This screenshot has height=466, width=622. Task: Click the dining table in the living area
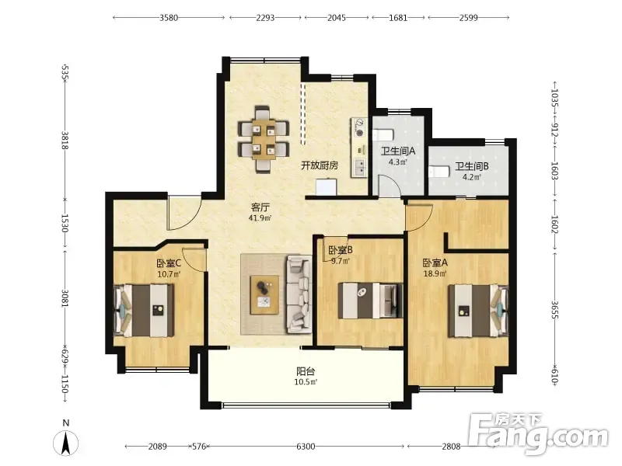click(263, 139)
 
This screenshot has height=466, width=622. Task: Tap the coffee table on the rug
click(264, 295)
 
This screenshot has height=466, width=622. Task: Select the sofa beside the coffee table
click(299, 294)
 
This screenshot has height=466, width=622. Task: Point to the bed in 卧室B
click(370, 300)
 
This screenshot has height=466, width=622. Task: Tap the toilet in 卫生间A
click(383, 134)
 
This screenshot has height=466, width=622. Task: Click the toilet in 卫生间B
click(439, 172)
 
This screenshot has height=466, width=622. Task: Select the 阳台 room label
click(306, 371)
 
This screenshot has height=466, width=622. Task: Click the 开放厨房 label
click(320, 165)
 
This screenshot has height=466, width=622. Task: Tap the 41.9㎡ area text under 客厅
click(260, 217)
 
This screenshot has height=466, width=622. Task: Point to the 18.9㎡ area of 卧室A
click(435, 273)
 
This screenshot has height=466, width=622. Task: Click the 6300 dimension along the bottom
click(306, 447)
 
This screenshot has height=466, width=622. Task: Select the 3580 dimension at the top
click(169, 17)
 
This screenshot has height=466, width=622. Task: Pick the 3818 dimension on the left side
click(65, 141)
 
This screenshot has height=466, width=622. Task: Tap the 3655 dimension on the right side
click(554, 310)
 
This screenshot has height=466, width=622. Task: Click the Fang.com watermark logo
click(537, 433)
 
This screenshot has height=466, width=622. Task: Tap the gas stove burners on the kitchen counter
click(360, 127)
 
